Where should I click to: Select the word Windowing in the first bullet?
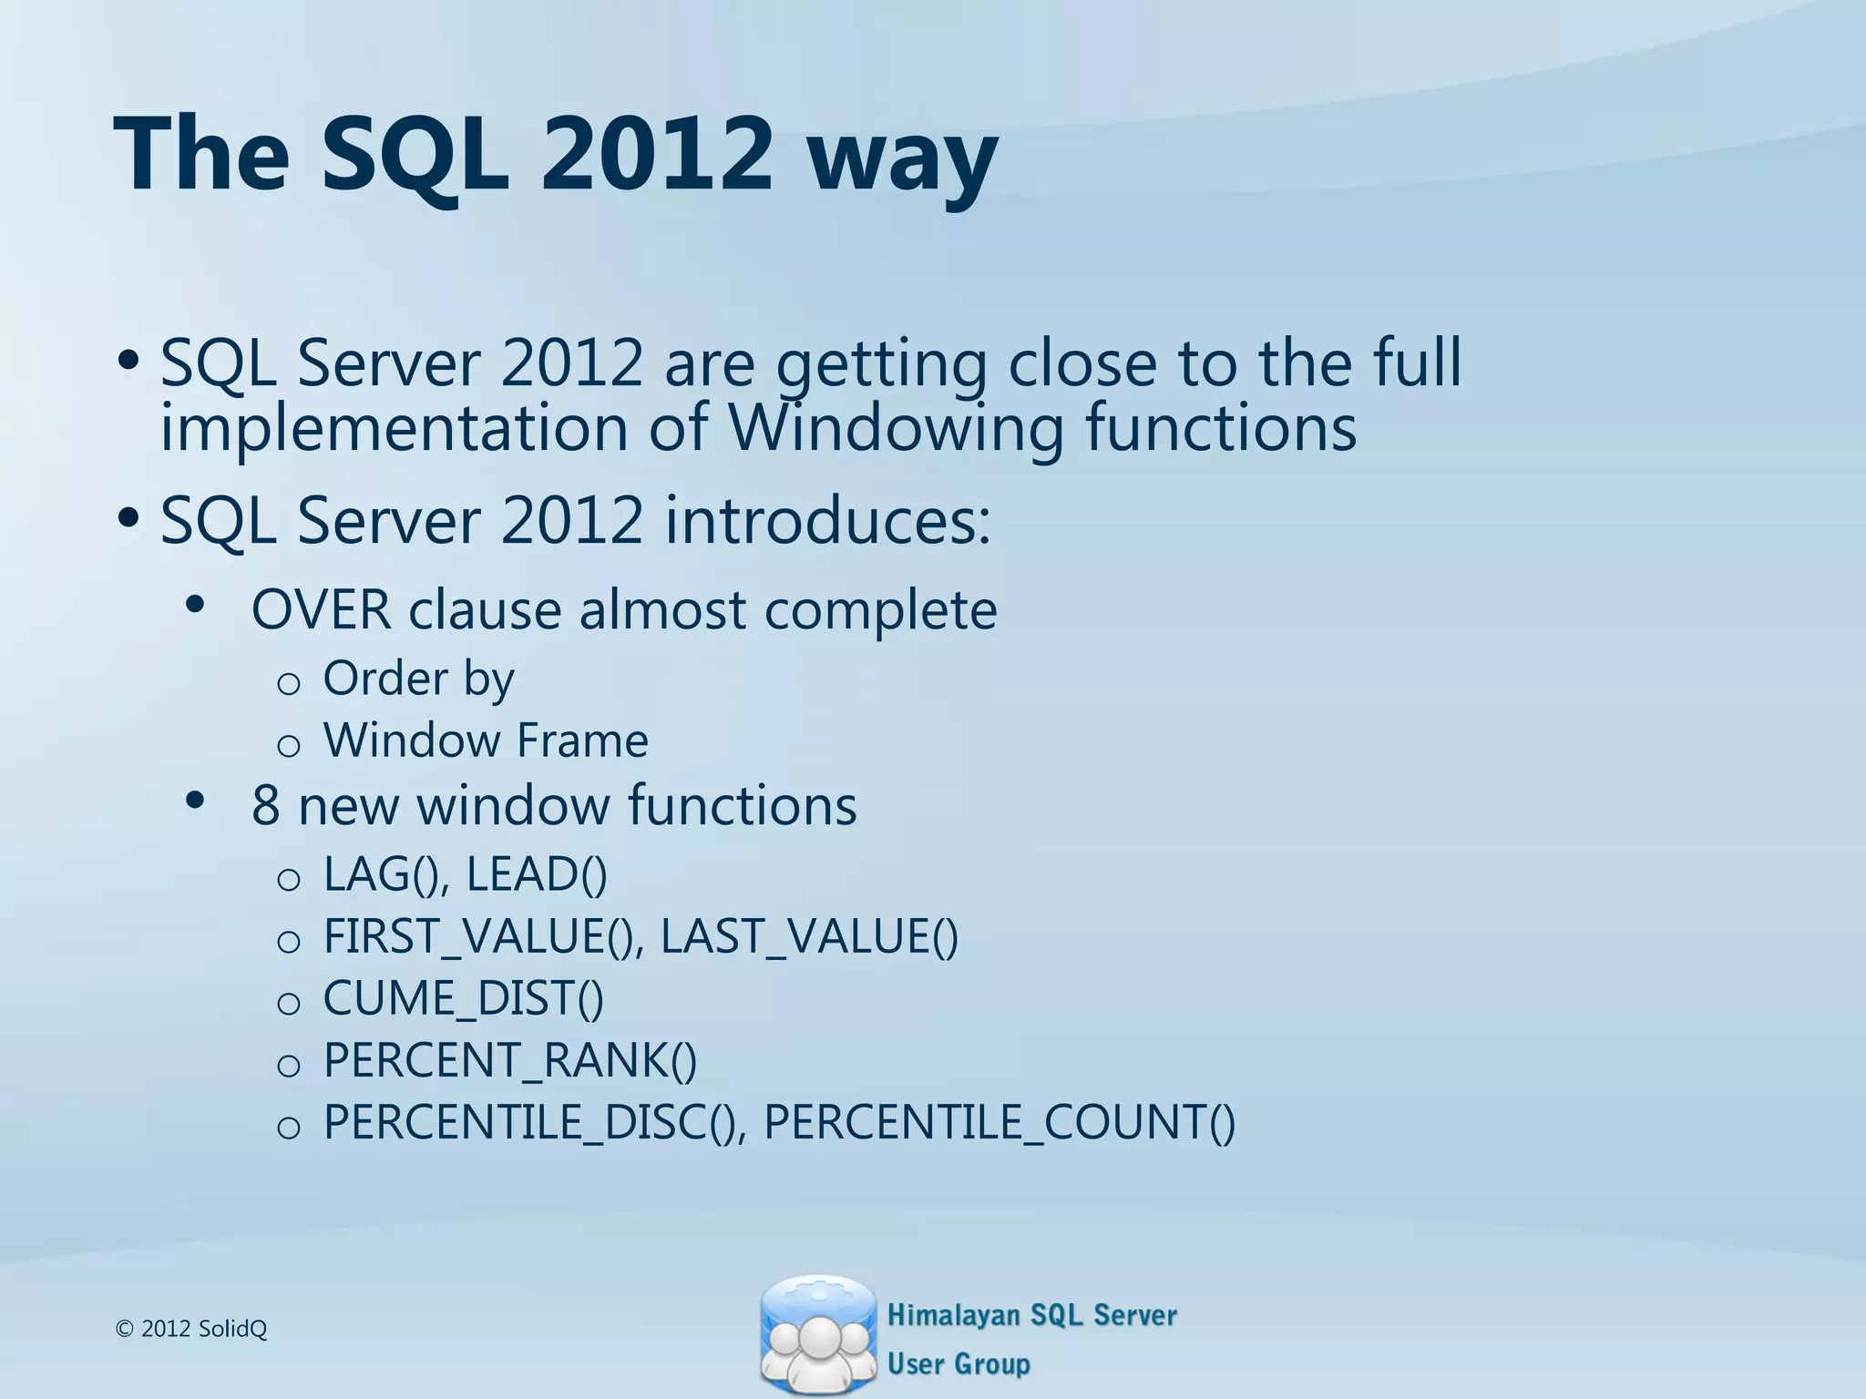coord(895,428)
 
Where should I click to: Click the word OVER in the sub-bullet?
coord(321,609)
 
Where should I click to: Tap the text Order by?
coord(418,679)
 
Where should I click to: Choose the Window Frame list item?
coord(486,740)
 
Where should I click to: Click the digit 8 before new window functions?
coord(265,806)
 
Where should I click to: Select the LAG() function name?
coord(381,874)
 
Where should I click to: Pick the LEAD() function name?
coord(536,874)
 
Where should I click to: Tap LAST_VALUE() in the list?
coord(809,936)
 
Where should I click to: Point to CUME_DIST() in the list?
coord(463,998)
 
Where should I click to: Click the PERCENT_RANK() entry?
coord(510,1060)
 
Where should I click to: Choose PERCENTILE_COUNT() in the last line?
coord(1000,1122)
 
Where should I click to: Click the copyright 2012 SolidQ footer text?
coord(191,1329)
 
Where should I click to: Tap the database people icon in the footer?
coord(816,1335)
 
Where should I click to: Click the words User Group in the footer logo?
coord(959,1363)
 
